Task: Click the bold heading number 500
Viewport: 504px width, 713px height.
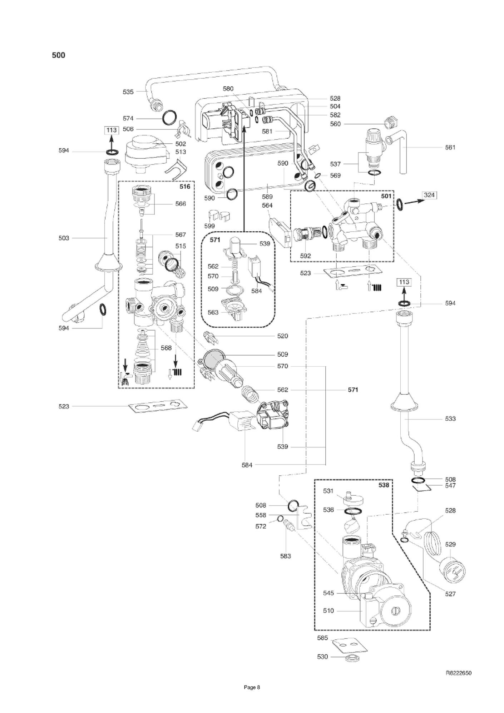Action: pos(59,55)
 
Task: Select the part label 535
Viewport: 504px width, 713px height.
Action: pos(128,92)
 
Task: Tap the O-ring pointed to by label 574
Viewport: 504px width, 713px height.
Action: pos(170,118)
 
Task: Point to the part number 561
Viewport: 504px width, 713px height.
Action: pos(450,147)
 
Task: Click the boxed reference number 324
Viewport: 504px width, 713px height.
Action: pos(429,195)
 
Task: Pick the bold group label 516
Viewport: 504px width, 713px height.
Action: pos(185,187)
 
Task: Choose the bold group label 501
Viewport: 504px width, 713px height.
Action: pos(386,196)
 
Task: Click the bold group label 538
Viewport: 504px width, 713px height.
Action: pos(384,485)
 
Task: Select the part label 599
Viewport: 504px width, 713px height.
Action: pos(209,226)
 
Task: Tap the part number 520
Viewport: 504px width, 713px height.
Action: pos(282,336)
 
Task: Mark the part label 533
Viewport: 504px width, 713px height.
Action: pos(450,419)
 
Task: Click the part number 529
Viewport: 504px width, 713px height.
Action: pos(450,544)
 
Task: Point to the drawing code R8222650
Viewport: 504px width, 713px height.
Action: pos(459,673)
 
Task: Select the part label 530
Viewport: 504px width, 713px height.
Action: pos(322,657)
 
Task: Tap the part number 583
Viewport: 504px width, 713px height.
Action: pos(286,556)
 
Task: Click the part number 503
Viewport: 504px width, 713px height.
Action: pos(64,238)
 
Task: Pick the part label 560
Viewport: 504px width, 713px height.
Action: pos(335,124)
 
